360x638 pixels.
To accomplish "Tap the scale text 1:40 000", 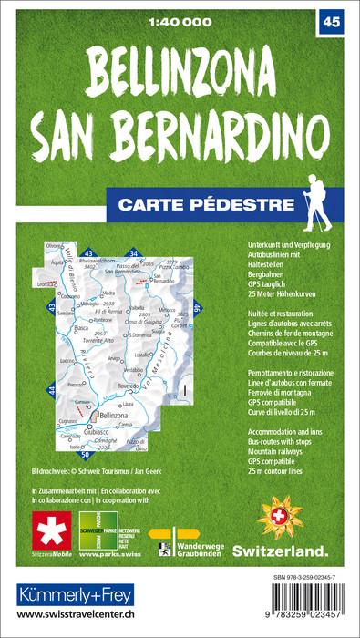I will click(180, 20).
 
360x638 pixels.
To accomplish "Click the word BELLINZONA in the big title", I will click(180, 70).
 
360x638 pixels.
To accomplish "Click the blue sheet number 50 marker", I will click(85, 453).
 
